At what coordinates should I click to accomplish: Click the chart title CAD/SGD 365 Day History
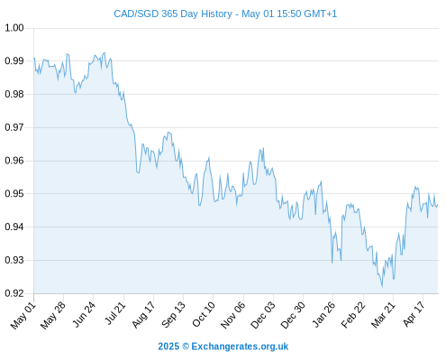tap(173, 14)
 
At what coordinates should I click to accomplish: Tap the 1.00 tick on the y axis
tap(14, 28)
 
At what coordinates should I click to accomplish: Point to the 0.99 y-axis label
tap(14, 61)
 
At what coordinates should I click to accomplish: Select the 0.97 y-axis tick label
tap(14, 127)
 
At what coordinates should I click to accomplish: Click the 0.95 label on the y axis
tap(14, 193)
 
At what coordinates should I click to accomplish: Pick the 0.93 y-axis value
tap(14, 260)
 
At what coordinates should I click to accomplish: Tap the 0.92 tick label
tap(14, 293)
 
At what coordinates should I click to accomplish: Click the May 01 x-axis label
tap(23, 316)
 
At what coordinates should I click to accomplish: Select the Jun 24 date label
tap(84, 315)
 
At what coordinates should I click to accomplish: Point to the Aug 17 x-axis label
tap(143, 315)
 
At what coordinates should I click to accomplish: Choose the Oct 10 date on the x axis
tap(204, 315)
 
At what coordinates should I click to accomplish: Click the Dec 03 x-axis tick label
tap(263, 315)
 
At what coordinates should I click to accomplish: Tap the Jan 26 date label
tap(323, 315)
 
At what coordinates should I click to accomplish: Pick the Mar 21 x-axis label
tap(382, 315)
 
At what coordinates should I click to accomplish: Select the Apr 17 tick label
tap(414, 315)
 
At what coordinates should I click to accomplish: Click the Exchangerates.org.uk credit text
tap(240, 347)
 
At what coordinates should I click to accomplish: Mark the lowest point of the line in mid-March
tap(382, 287)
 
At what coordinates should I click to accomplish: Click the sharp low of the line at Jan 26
tap(332, 263)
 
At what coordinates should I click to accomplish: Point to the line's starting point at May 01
tap(34, 58)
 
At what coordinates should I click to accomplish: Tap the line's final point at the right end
tap(438, 205)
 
